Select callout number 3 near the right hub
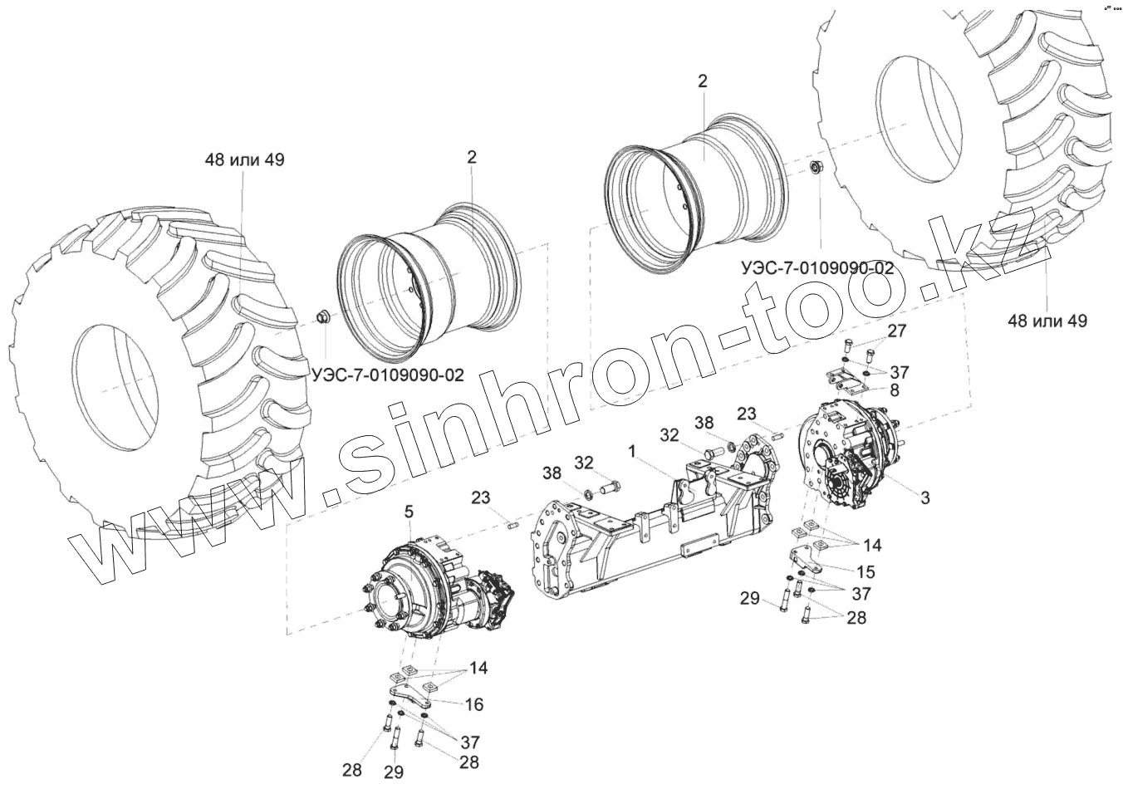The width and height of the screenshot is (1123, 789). click(x=924, y=497)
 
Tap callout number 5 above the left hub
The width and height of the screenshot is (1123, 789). click(x=409, y=513)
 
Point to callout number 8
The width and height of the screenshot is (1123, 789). click(x=894, y=389)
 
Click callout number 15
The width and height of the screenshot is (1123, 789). click(x=866, y=571)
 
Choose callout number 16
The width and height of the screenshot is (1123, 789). click(x=473, y=704)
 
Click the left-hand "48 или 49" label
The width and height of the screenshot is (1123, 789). click(x=245, y=159)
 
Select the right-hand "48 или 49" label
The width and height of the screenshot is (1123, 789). click(x=1047, y=320)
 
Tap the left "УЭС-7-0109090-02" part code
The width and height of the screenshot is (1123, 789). click(x=388, y=375)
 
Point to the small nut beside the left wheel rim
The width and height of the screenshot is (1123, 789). click(x=322, y=316)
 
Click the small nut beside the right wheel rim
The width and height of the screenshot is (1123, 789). click(x=816, y=169)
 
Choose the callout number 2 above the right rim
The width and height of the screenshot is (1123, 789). click(x=703, y=81)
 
